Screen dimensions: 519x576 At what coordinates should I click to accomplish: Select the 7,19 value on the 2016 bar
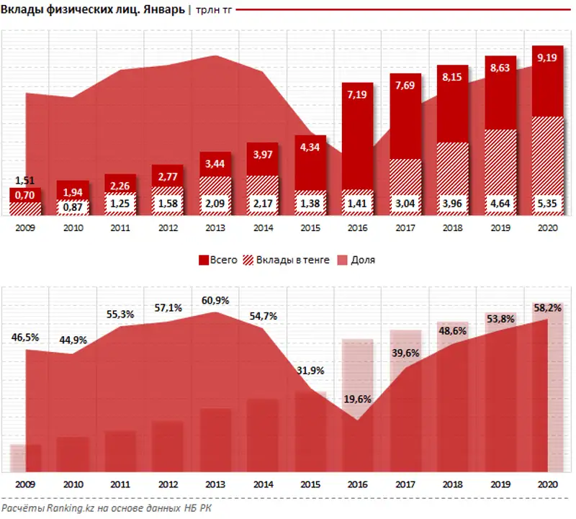pos(357,94)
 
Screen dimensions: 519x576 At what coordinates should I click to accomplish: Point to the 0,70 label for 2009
pos(24,194)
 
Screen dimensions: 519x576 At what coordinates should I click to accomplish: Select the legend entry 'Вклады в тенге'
pos(289,260)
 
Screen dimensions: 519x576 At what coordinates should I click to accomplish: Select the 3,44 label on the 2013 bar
pos(215,162)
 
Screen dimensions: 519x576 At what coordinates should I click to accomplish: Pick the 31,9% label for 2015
pos(310,371)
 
